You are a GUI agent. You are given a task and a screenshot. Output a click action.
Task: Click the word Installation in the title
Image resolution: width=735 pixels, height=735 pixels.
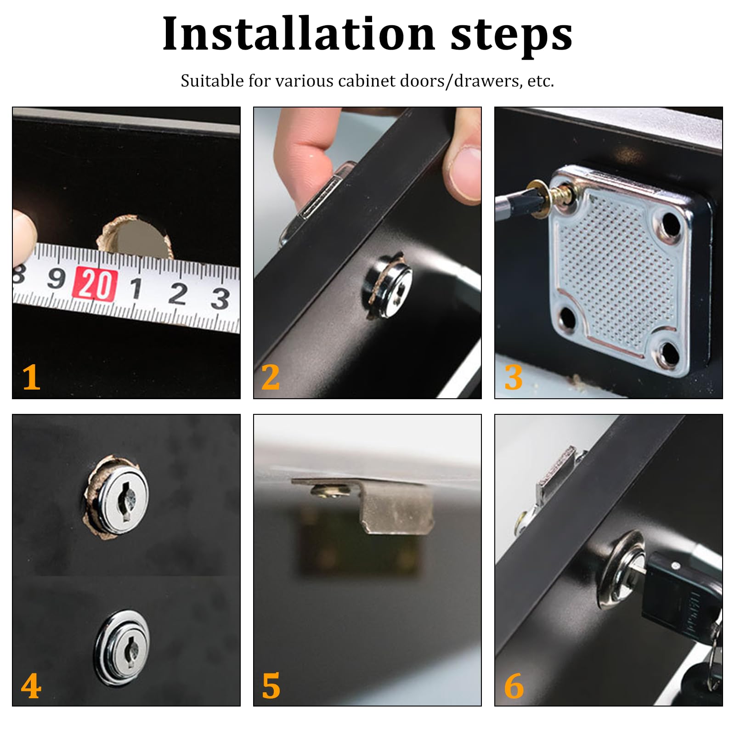coord(299,34)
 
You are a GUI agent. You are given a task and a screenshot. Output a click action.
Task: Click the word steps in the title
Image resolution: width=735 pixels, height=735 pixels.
coord(511,36)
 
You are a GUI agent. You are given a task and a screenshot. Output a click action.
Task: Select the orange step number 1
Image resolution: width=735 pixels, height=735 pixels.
coord(31,377)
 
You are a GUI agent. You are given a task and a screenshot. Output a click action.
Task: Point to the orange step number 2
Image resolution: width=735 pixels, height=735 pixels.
coord(271,377)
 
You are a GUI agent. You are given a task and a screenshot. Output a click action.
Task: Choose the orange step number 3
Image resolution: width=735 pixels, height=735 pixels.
coord(514,377)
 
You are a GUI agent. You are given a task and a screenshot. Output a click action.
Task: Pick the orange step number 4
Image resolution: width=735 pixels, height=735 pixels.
coord(31,686)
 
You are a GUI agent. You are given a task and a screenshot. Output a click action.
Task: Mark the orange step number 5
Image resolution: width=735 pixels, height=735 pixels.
coord(271,686)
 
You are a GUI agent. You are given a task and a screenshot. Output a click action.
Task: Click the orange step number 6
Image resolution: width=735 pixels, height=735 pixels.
coord(514,686)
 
